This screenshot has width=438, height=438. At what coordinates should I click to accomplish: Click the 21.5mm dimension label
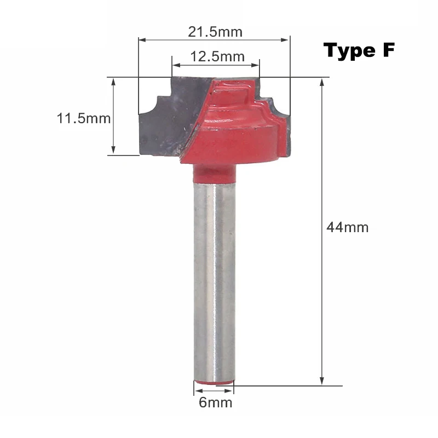coord(215,32)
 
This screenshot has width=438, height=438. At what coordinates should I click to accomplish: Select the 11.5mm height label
coord(84,118)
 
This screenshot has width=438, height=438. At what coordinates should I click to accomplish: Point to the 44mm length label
coord(347,227)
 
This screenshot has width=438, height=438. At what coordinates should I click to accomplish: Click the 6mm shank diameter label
coord(216,403)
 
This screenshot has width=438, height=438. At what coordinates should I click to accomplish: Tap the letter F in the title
coord(387,50)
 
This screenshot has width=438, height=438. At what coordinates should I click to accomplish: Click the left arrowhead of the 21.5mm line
coord(142,40)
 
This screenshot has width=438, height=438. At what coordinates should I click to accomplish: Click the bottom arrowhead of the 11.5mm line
coord(113,151)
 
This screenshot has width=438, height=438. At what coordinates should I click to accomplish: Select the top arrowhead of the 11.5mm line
coord(113,81)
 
